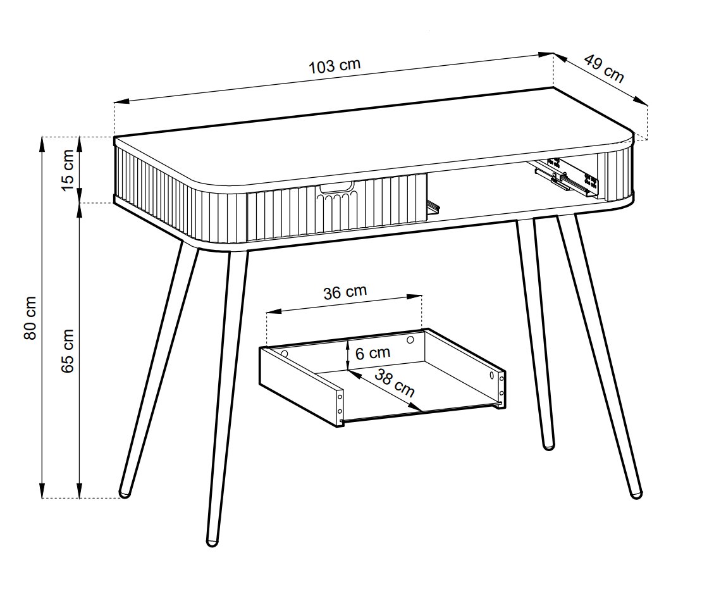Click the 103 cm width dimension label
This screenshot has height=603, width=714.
pyautogui.click(x=335, y=66)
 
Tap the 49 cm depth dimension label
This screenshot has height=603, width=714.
pyautogui.click(x=604, y=68)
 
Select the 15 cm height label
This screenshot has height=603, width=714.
pyautogui.click(x=67, y=170)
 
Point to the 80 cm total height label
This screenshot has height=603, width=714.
pyautogui.click(x=30, y=318)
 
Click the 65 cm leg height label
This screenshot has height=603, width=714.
pyautogui.click(x=67, y=351)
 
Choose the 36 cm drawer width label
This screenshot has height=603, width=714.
pyautogui.click(x=345, y=292)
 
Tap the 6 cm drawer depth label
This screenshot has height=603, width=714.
pyautogui.click(x=372, y=352)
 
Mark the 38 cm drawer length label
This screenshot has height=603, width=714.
pyautogui.click(x=395, y=382)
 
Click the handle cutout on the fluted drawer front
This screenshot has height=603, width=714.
pyautogui.click(x=337, y=187)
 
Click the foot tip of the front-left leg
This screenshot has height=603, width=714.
pyautogui.click(x=212, y=542)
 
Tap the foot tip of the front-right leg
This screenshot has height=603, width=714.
pyautogui.click(x=636, y=494)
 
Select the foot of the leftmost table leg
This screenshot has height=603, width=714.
pyautogui.click(x=125, y=494)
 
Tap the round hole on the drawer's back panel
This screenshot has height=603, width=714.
pyautogui.click(x=410, y=339)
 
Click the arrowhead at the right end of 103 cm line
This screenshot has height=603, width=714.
pyautogui.click(x=546, y=54)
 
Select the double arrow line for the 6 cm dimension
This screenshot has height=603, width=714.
pyautogui.click(x=348, y=355)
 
